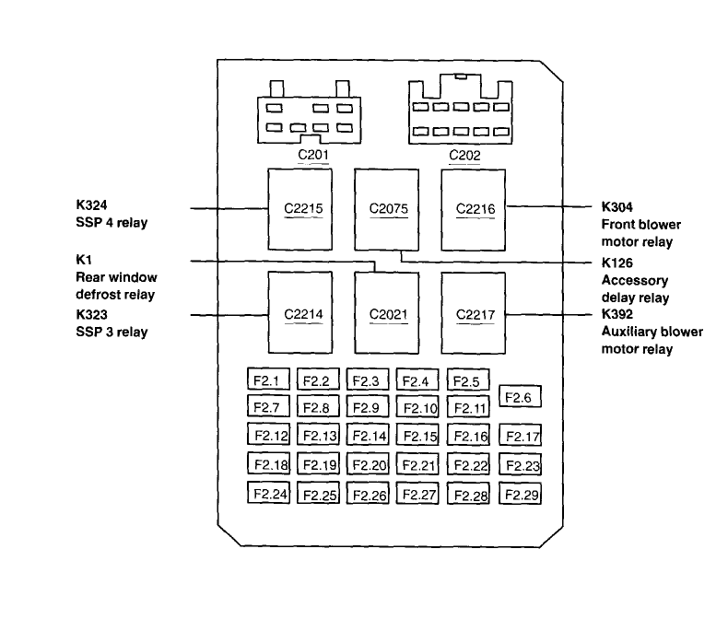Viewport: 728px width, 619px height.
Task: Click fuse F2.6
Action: coord(520,396)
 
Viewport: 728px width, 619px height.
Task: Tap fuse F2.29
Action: coord(520,495)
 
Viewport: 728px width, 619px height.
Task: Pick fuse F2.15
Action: coord(419,436)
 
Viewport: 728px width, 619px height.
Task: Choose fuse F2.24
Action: coord(269,494)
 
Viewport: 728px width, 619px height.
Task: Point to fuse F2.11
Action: coord(468,407)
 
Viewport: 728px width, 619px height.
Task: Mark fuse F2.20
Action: coord(369,465)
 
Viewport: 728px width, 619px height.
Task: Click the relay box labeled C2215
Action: coord(303,209)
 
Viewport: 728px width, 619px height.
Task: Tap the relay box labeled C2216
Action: coord(476,209)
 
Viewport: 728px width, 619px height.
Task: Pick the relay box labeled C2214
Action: coord(303,313)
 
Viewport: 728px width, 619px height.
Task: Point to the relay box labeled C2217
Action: coord(476,313)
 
